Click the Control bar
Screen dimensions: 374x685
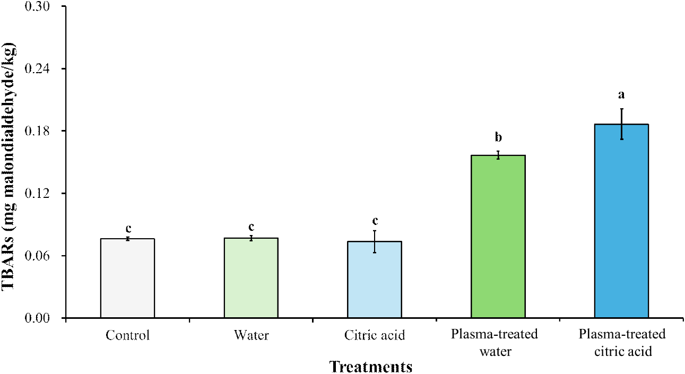coord(127,279)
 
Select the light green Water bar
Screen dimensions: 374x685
coord(251,278)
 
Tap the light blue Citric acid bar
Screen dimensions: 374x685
coord(375,280)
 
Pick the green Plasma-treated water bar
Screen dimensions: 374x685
coord(498,237)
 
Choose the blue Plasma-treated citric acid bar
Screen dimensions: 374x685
coord(621,221)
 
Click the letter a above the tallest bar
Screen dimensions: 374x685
coord(621,95)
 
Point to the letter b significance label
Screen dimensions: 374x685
coord(498,138)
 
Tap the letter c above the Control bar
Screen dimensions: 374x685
coord(128,229)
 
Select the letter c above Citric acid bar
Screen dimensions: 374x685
coord(375,221)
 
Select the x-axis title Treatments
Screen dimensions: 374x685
coord(371,366)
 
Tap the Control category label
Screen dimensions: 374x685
coord(127,335)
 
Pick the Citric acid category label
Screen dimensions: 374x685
coord(375,335)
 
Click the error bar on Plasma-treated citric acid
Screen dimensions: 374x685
coord(621,124)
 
